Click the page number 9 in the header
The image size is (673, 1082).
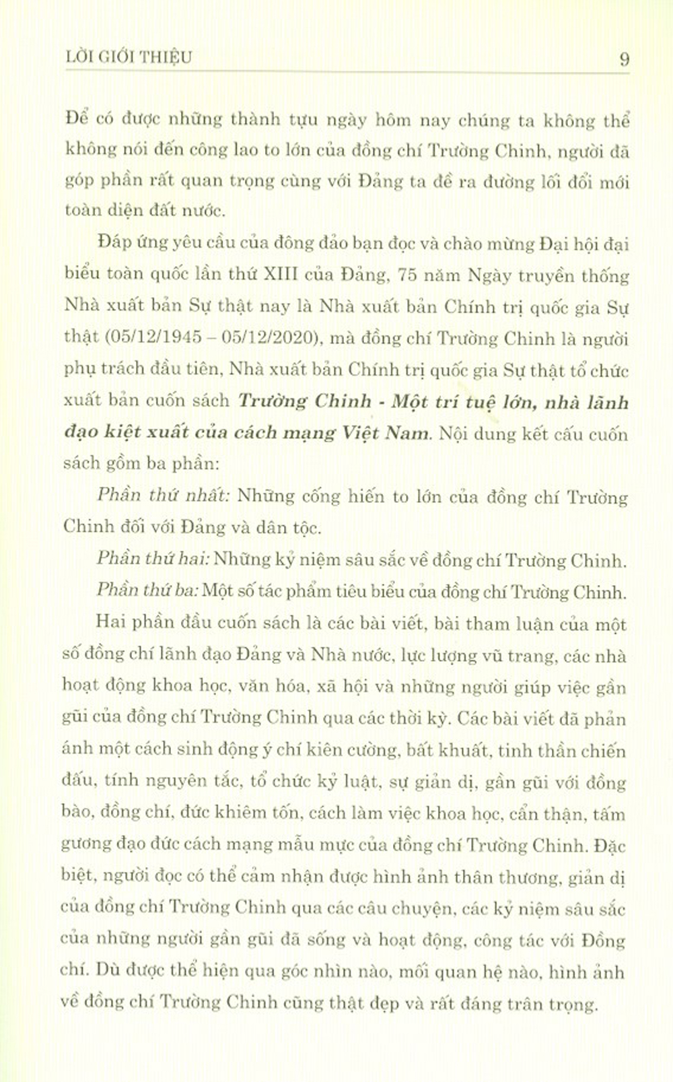pos(624,59)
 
